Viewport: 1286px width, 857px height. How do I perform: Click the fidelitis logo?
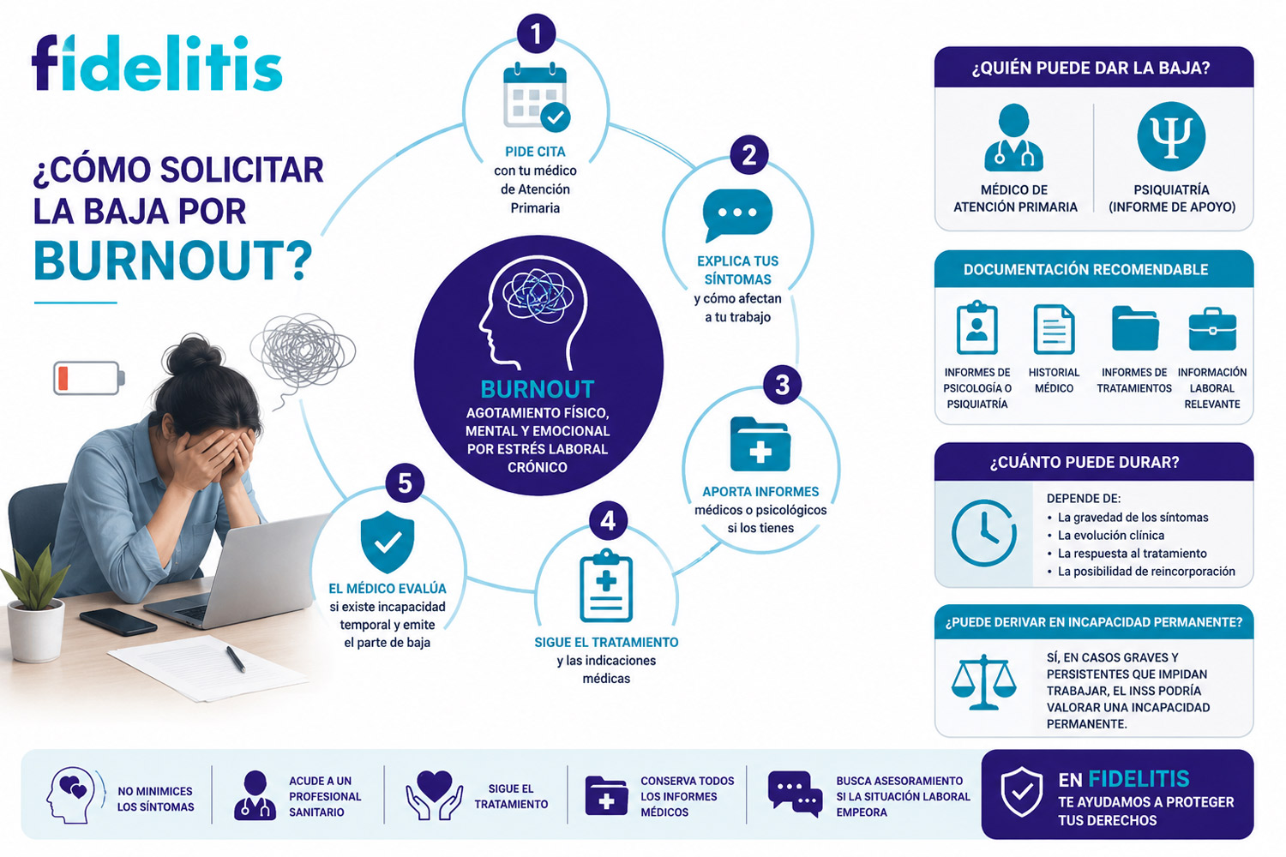point(157,63)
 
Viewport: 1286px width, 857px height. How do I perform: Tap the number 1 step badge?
point(536,34)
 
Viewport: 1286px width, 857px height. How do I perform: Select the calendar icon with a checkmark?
point(536,97)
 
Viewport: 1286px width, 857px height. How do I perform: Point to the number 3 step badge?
point(782,385)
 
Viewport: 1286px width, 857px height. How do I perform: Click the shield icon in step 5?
point(387,542)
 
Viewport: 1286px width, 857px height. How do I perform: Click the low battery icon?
point(89,378)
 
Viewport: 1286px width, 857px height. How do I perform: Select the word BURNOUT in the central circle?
point(537,389)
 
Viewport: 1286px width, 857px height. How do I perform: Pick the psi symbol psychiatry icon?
point(1171,136)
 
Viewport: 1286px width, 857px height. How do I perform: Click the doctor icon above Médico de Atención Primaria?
point(1013,138)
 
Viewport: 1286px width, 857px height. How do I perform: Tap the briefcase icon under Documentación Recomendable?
point(1212,329)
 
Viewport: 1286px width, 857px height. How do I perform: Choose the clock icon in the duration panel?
point(984,533)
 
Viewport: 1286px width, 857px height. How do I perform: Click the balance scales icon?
point(984,682)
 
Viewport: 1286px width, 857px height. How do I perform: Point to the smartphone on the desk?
point(118,621)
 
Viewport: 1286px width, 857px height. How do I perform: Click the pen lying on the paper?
point(236,659)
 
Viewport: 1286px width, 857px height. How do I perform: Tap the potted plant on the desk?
point(34,609)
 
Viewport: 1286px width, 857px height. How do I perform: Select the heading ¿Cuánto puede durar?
point(1084,462)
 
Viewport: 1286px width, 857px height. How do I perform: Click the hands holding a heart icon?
point(435,795)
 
